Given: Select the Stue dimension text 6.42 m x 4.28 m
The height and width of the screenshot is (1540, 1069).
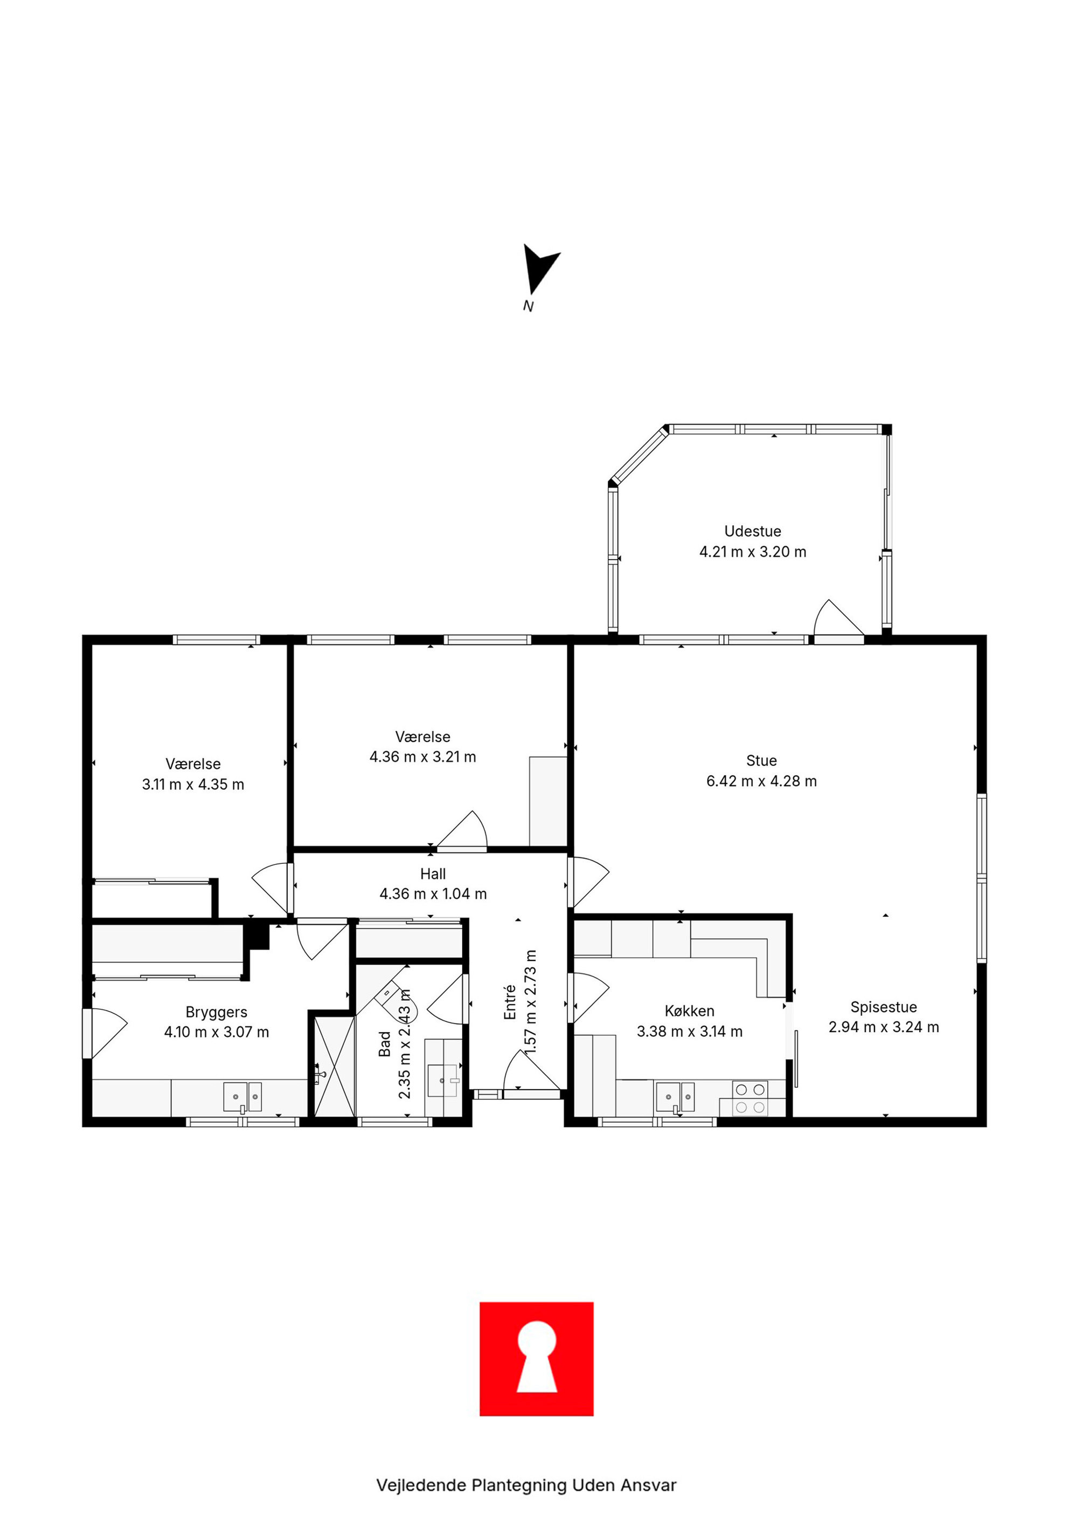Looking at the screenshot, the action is click(x=761, y=781).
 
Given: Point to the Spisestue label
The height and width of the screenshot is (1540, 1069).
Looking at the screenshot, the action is click(x=884, y=1007).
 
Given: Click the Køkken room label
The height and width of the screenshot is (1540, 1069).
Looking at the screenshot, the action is click(x=689, y=1010).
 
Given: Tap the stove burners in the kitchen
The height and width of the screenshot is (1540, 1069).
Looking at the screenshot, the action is click(x=750, y=1098).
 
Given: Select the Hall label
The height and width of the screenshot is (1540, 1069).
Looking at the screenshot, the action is click(x=433, y=874).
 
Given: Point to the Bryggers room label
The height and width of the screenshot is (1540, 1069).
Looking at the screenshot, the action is click(x=217, y=1012).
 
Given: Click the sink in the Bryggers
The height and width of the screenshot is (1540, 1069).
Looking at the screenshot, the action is click(x=242, y=1097).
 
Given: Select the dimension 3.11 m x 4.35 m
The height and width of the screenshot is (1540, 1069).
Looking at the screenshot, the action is click(x=193, y=784).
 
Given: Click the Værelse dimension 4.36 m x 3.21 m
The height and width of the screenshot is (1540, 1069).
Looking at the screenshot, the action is click(x=422, y=757).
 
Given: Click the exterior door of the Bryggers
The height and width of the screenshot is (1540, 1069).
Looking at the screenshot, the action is click(x=105, y=1033).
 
